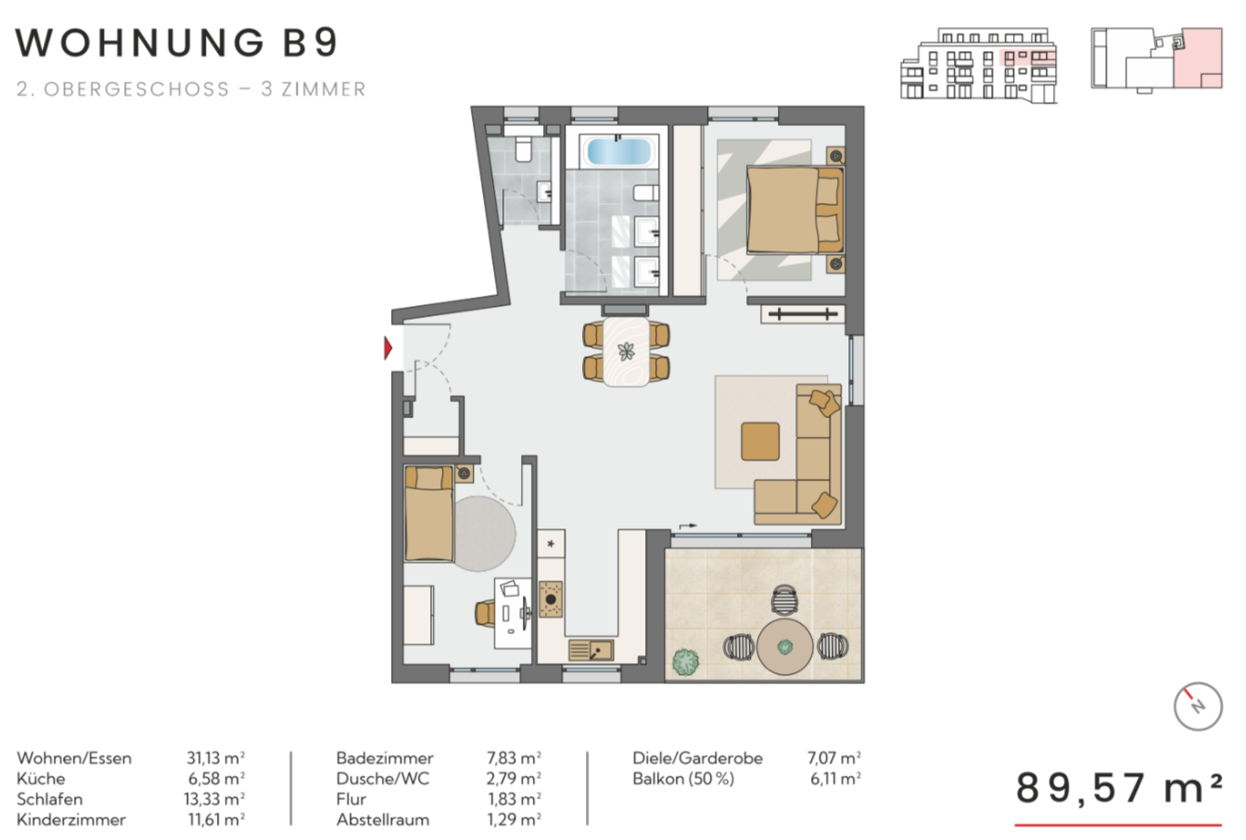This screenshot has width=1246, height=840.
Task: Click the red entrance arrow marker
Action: (388, 349)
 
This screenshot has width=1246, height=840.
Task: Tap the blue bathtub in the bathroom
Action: (619, 151)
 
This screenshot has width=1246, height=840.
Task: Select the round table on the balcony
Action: (784, 647)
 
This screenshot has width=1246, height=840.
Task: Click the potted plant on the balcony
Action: (685, 662)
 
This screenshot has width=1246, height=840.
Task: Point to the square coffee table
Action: (760, 441)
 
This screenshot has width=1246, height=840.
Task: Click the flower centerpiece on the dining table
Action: (627, 351)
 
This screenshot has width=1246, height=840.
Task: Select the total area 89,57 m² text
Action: (1118, 788)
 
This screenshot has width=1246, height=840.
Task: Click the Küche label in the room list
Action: (41, 778)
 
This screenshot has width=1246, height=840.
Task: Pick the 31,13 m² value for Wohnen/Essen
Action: (215, 757)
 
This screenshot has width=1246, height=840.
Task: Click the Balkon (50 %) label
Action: (683, 778)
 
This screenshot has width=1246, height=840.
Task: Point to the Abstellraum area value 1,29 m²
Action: (515, 820)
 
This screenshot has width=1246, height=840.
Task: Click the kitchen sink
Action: (591, 650)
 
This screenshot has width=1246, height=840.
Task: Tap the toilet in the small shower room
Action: (523, 149)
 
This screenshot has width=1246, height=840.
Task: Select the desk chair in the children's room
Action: (485, 614)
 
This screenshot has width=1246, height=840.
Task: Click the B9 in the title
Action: (311, 43)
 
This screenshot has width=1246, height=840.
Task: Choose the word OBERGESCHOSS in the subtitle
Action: (137, 89)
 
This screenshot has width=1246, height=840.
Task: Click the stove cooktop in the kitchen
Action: (551, 599)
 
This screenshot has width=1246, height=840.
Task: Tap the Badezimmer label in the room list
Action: (385, 757)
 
